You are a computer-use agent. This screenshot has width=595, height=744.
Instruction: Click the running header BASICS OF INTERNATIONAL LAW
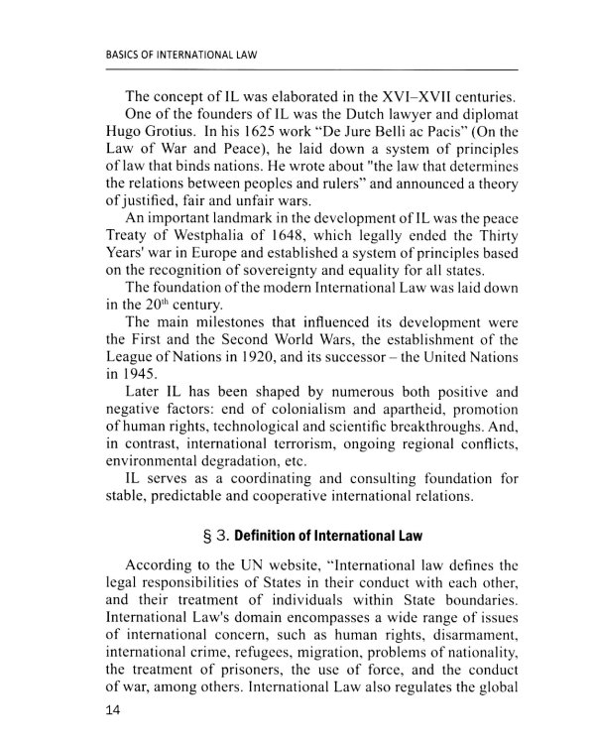180,57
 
